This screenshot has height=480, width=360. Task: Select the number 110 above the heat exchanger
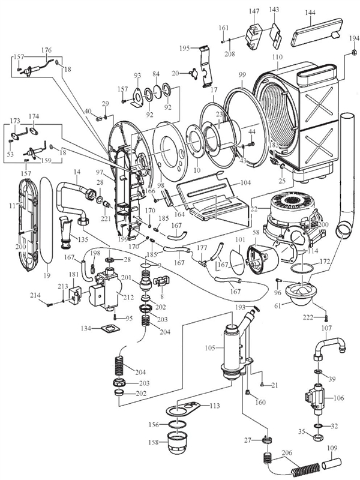tap(277, 58)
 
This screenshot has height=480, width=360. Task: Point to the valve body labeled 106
tap(314, 397)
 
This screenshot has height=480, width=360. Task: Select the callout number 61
tap(277, 306)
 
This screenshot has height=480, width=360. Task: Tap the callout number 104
tap(245, 182)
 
